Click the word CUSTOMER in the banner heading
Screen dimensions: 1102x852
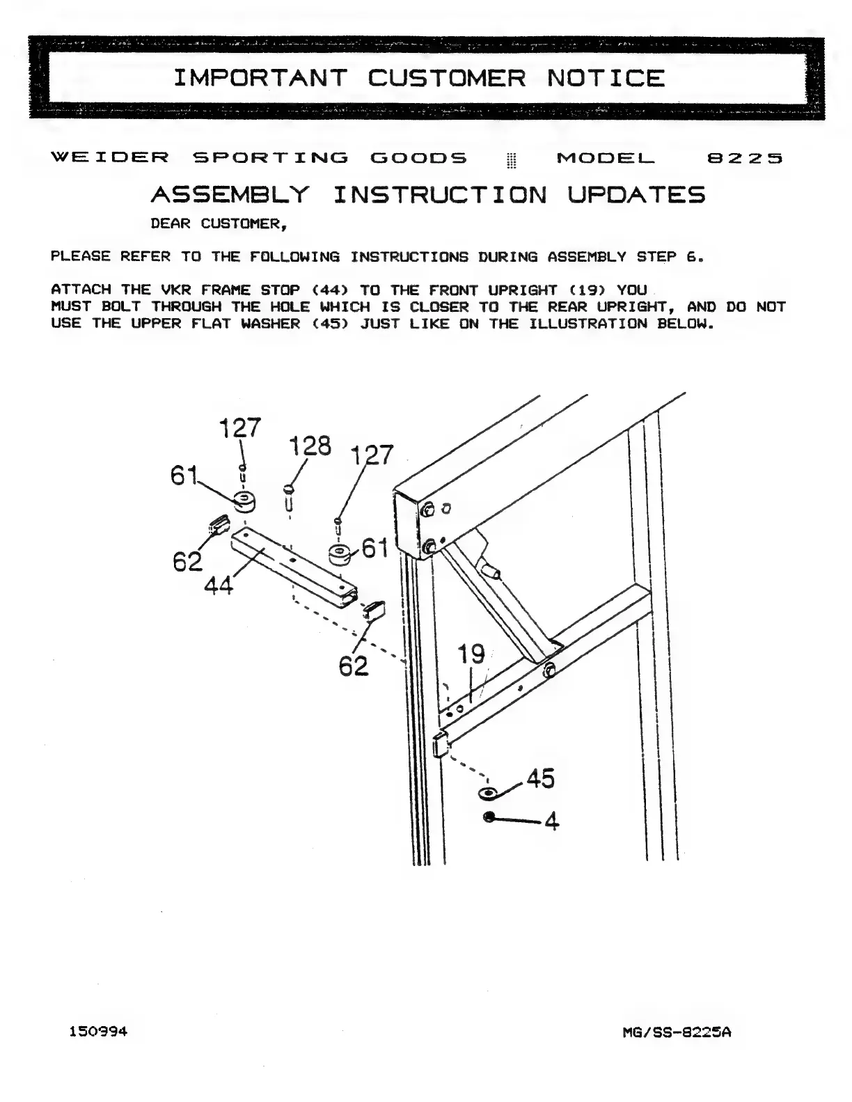(x=446, y=77)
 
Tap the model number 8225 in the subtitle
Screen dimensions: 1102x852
(x=745, y=158)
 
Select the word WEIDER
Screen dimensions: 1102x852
(x=110, y=158)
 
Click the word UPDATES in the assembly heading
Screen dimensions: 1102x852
(x=636, y=194)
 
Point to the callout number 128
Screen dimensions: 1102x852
(x=310, y=446)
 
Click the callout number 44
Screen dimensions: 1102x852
(x=218, y=587)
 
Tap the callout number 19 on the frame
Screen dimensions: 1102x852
(x=471, y=654)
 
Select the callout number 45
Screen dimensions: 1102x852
(x=540, y=778)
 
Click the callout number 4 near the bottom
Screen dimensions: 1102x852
(x=551, y=822)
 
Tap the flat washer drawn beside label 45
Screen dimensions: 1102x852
(x=486, y=793)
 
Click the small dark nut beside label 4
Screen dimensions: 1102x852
(x=489, y=817)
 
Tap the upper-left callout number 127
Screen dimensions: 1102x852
(x=240, y=427)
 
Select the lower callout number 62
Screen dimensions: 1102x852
(x=353, y=666)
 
